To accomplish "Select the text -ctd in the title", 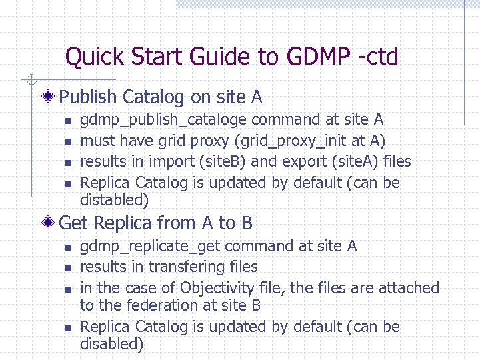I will (x=378, y=57).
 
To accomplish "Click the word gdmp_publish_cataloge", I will (x=163, y=120).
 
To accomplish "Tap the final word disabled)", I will (x=111, y=344).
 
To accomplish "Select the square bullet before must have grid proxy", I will (x=68, y=142).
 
